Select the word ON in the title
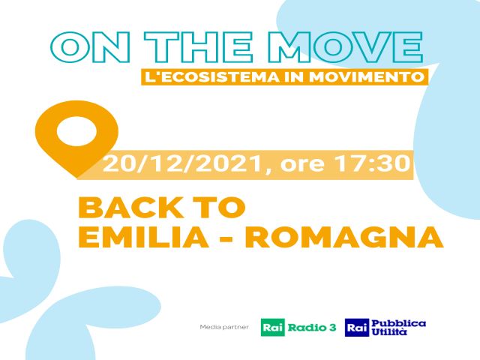(90, 48)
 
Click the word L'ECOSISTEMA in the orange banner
(211, 76)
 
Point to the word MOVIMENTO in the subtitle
(366, 76)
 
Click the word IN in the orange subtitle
(294, 76)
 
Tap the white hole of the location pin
(76, 131)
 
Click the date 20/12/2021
(182, 163)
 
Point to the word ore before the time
(302, 165)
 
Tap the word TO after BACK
(220, 207)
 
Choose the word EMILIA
(143, 237)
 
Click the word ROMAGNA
(344, 237)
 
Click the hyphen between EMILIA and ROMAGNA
(227, 238)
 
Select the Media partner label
(224, 327)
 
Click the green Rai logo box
(273, 328)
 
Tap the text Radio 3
(312, 328)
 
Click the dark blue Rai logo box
(357, 328)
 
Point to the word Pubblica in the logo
(398, 323)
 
